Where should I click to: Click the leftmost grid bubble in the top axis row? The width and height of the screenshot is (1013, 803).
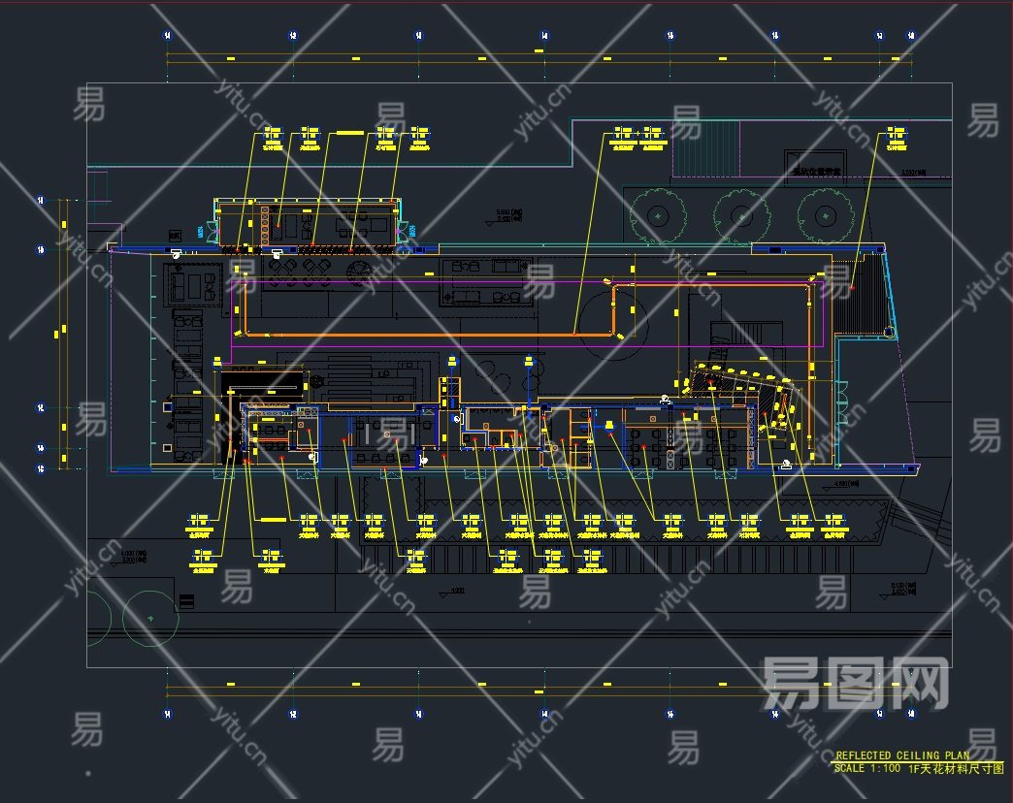(167, 35)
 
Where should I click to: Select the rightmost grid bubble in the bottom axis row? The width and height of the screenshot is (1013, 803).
(911, 715)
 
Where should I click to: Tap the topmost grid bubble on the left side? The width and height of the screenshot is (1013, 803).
(41, 201)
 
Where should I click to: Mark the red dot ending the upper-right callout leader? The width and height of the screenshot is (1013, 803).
(852, 289)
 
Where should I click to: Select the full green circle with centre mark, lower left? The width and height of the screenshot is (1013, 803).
(149, 617)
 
